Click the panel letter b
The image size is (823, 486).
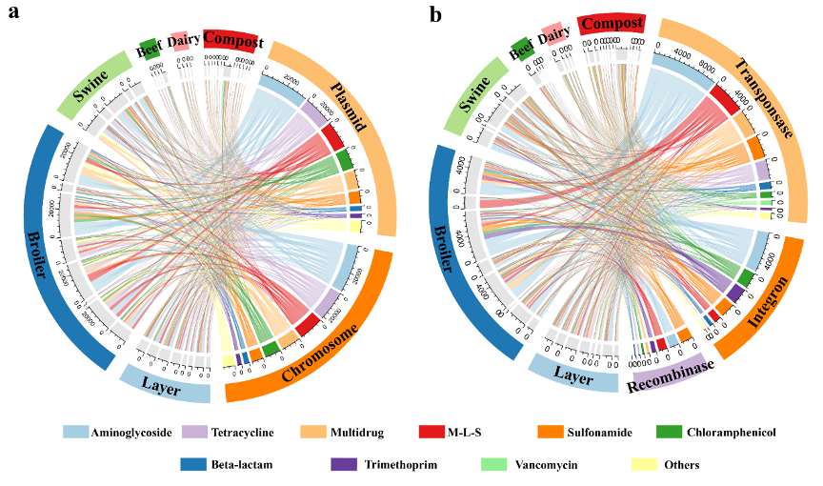[x=435, y=14]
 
